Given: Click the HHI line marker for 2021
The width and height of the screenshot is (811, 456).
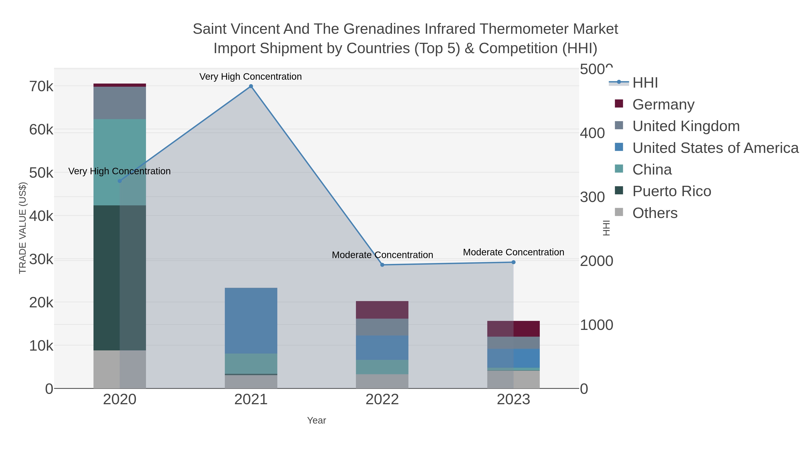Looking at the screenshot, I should point(251,86).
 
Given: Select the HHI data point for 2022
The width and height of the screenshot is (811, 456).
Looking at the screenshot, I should point(382,265).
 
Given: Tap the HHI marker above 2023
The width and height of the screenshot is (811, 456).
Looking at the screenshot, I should point(513,262).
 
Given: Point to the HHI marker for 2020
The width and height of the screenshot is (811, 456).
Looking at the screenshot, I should point(120,181).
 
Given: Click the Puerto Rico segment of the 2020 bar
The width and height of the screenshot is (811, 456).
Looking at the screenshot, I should point(120,278).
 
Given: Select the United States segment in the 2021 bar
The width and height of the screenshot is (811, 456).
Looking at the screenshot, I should point(251,320).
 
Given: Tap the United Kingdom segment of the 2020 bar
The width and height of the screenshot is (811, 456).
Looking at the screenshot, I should point(120,103).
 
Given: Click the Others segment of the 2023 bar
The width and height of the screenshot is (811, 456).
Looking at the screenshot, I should point(513,379).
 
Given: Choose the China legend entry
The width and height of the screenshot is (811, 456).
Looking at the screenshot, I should point(652,170).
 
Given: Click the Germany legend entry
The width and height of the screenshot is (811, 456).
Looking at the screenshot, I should point(663,104).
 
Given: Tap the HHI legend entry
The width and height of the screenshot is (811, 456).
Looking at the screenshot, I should point(645,83).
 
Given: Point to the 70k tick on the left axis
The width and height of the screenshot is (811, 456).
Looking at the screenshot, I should point(41,86).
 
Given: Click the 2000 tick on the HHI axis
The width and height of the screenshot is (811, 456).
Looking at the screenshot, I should point(596,261).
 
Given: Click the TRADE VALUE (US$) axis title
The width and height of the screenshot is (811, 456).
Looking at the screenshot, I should point(23,228).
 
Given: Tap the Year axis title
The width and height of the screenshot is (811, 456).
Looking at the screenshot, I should point(317,420).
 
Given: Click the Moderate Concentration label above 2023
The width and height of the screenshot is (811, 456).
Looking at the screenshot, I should point(513,252).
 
